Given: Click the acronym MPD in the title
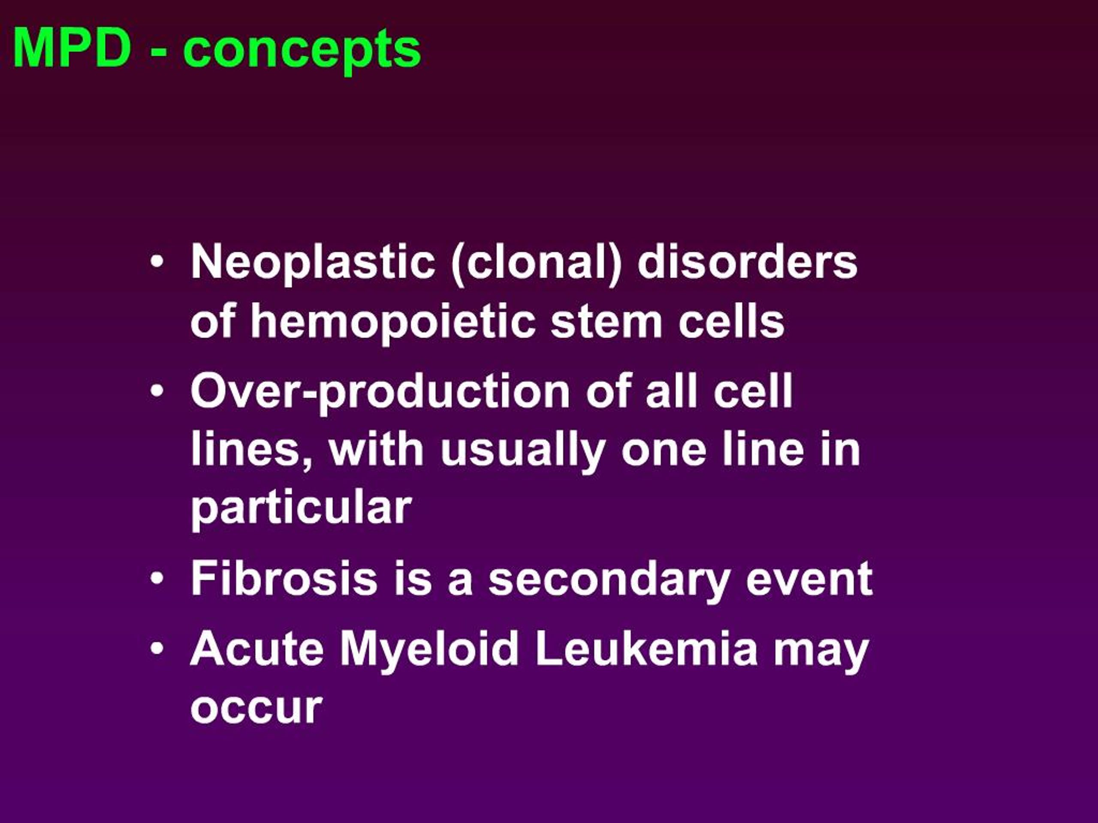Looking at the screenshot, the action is pyautogui.click(x=73, y=48).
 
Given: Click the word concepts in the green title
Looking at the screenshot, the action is pyautogui.click(x=302, y=51).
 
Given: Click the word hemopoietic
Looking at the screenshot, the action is pyautogui.click(x=392, y=322).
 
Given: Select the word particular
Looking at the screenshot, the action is pyautogui.click(x=301, y=510).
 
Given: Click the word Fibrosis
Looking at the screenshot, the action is pyautogui.click(x=284, y=578).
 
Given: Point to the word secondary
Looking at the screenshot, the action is pyautogui.click(x=609, y=580).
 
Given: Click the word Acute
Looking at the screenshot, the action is pyautogui.click(x=257, y=649).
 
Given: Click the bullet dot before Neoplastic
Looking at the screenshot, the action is pyautogui.click(x=157, y=262).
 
